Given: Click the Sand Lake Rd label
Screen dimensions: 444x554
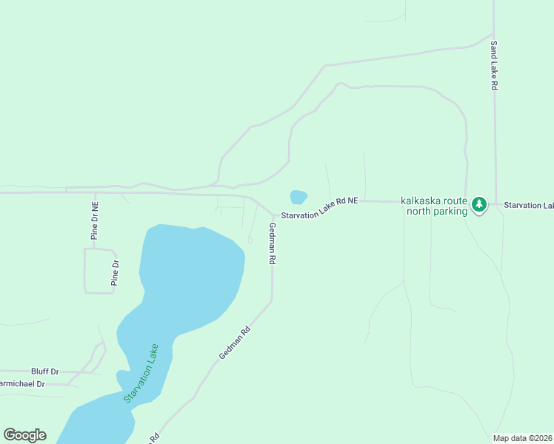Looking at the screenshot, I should [x=494, y=65].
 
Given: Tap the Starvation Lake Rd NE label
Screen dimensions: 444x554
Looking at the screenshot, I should [x=319, y=208].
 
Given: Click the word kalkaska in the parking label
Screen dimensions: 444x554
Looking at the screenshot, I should [x=422, y=201].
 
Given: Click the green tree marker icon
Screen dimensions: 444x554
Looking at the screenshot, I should [x=479, y=203].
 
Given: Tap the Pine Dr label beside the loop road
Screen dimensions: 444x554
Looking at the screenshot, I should [x=115, y=273].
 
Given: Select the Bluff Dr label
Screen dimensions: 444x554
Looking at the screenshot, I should [x=44, y=371].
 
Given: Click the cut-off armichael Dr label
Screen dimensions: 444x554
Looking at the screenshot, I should [x=22, y=384].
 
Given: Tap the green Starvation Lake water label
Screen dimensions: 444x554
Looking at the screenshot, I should [x=141, y=373].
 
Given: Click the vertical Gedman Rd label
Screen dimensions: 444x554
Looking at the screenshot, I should [x=273, y=244].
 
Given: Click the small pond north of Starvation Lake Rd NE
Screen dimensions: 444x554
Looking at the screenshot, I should [x=298, y=197].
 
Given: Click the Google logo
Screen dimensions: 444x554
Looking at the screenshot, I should [x=24, y=435].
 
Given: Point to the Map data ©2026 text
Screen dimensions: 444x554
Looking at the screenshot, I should [x=522, y=438].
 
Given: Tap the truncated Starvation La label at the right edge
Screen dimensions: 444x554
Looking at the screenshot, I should [x=528, y=205].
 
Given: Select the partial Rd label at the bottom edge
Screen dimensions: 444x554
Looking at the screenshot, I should [x=155, y=437].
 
